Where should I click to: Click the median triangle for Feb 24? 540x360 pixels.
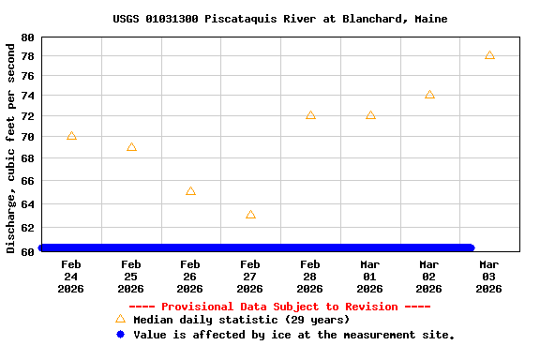71,136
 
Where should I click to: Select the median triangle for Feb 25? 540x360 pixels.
131,147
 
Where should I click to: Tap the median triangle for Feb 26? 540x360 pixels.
190,191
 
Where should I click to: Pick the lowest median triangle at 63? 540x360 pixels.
250,215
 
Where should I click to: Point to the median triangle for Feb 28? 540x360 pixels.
310,115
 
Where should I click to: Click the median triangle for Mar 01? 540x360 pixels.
370,115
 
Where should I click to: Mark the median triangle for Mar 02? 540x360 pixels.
429,95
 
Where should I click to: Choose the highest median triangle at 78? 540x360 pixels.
489,55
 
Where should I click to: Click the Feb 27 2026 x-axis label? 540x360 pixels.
250,277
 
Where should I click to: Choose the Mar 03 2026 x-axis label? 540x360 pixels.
489,277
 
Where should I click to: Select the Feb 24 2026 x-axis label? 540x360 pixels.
71,277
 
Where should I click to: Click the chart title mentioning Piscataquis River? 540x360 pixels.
279,19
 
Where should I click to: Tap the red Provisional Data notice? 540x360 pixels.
279,307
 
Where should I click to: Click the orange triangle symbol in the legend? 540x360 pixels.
120,320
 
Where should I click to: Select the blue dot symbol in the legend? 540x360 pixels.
120,334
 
